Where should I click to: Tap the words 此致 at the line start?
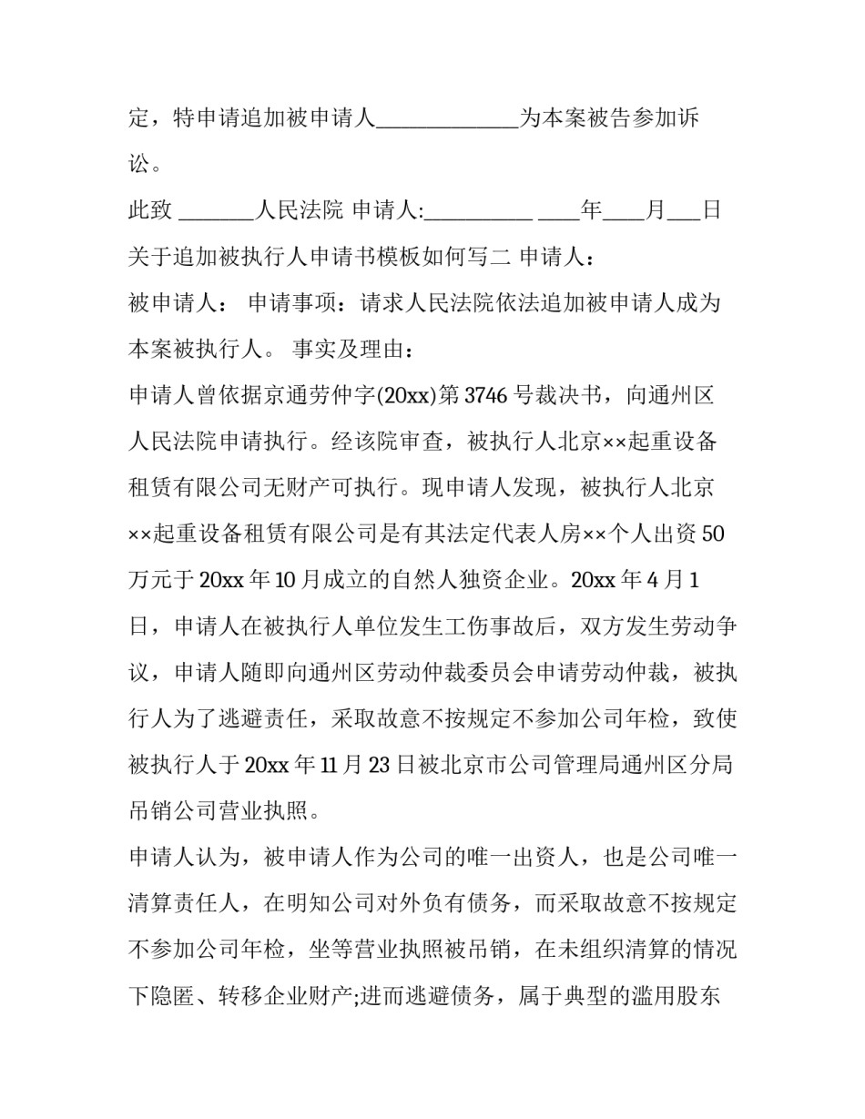point(150,211)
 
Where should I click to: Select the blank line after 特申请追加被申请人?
point(447,119)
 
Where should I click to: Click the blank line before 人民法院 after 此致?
point(216,211)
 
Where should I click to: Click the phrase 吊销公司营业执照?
point(219,812)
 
